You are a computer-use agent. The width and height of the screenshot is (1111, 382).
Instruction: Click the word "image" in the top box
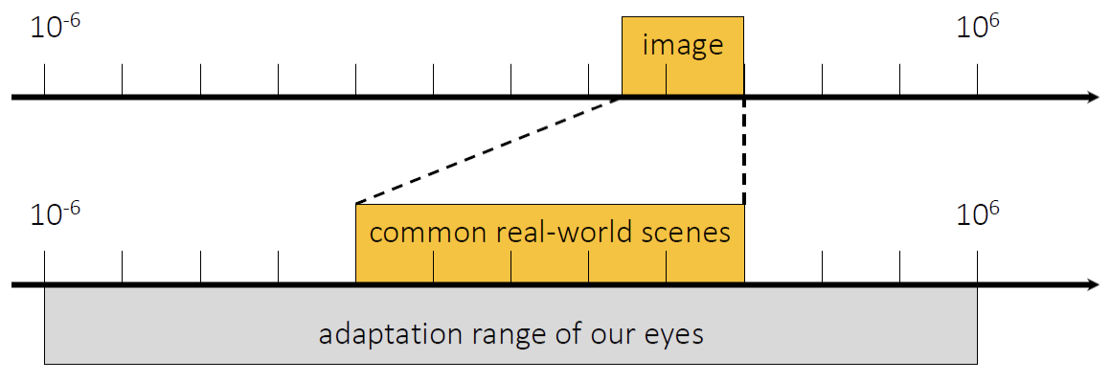[x=682, y=45]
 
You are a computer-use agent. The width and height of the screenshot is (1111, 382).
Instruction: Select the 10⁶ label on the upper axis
[x=977, y=28]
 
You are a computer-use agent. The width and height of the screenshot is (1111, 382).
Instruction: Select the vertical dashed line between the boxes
[x=743, y=153]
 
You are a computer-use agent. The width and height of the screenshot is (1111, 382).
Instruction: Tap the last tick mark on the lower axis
[x=977, y=268]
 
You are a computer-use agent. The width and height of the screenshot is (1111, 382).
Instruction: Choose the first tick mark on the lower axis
[x=45, y=268]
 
